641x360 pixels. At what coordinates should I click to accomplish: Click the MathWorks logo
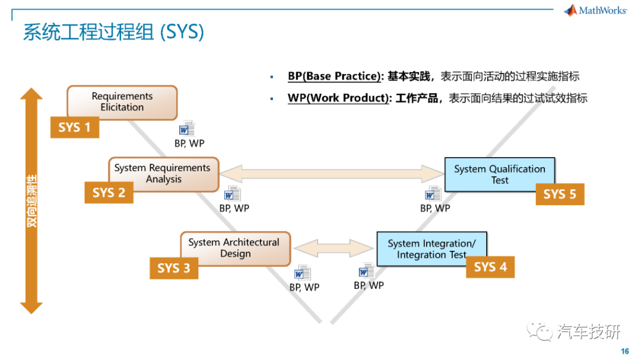click(x=595, y=10)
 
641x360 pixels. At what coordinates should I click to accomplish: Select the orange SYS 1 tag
click(x=75, y=127)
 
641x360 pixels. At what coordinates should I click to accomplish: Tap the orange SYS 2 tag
click(x=109, y=193)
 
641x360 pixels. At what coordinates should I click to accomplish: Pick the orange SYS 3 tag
click(x=174, y=268)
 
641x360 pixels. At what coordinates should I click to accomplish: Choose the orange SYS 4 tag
click(x=490, y=267)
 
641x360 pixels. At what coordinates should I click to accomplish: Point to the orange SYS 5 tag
click(x=560, y=194)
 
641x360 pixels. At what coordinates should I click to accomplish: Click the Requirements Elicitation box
click(x=122, y=102)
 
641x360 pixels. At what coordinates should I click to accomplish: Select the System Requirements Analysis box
click(x=164, y=174)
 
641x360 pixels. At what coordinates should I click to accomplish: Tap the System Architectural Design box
click(x=236, y=249)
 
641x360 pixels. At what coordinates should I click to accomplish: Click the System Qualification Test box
click(x=500, y=174)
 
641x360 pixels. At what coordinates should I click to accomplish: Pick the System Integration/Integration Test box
click(x=431, y=249)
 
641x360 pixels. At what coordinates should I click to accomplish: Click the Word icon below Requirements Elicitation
click(x=187, y=128)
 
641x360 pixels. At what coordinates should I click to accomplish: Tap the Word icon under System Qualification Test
click(x=433, y=194)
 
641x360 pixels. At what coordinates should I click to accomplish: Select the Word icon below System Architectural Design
click(x=303, y=273)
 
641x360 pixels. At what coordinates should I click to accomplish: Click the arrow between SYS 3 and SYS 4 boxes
click(x=334, y=248)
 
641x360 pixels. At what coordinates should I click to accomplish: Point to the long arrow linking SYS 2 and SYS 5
click(x=332, y=174)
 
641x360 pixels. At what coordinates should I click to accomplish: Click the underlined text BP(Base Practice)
click(x=334, y=77)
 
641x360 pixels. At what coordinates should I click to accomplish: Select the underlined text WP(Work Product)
click(x=338, y=98)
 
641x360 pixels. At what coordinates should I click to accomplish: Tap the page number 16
click(x=624, y=351)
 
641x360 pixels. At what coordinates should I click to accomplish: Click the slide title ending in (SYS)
click(x=113, y=32)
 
